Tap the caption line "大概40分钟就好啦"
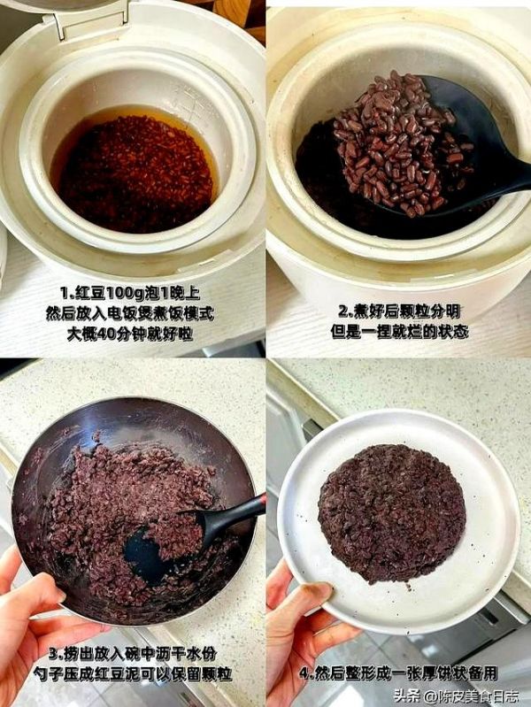130,334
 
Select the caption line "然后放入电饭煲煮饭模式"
130,313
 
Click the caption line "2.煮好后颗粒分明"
399,311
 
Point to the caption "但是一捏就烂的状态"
399,332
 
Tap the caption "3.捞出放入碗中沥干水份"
133,653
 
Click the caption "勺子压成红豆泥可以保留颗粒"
133,673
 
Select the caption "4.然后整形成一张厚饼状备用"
399,673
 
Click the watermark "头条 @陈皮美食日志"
456,695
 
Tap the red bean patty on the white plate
391,513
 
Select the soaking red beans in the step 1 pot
135,173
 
